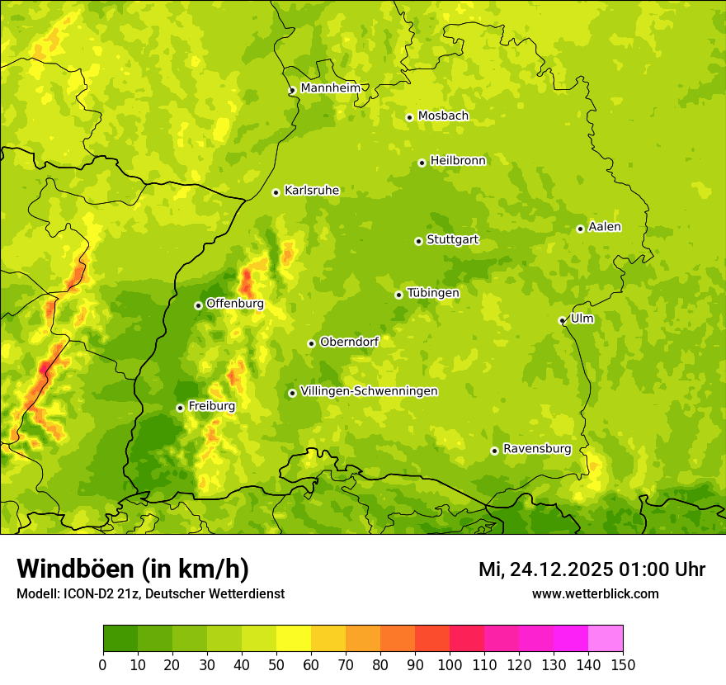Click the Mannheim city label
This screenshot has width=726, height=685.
[330, 88]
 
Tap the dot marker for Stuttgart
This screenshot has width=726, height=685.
[418, 241]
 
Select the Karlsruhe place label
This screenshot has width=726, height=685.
[312, 191]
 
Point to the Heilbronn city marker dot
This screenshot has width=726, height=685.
[422, 163]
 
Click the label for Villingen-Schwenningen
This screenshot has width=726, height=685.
[370, 391]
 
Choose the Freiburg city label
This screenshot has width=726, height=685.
[211, 406]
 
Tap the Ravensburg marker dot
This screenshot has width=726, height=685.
[494, 451]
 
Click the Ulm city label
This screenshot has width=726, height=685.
[582, 319]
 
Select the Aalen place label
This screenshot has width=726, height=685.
[605, 227]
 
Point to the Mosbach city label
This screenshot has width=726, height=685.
[443, 116]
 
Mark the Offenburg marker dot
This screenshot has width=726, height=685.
[198, 305]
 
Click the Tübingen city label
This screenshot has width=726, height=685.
[433, 293]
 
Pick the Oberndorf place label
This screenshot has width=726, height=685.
[349, 342]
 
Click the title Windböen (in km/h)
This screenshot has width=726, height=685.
[133, 569]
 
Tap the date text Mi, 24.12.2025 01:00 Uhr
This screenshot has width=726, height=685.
[592, 569]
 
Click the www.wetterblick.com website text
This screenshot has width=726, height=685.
[595, 593]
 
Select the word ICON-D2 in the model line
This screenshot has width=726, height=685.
[87, 593]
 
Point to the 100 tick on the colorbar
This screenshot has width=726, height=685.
[450, 664]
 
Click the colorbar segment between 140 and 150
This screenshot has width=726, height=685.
[606, 639]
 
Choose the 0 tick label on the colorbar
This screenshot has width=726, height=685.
[103, 664]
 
